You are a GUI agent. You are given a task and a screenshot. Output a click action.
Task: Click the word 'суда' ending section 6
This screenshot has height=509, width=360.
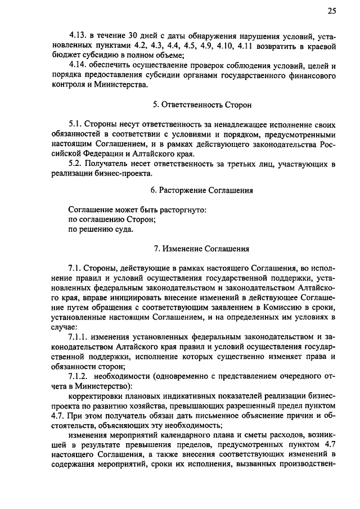coord(124,229)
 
